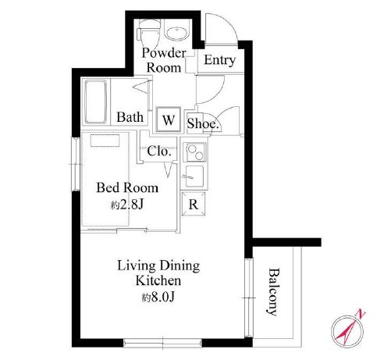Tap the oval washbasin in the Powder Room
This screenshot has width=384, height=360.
click(x=177, y=34)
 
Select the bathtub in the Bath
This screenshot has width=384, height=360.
click(x=95, y=102)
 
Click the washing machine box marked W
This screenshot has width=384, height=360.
click(x=168, y=119)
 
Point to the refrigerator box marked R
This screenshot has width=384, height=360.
click(x=194, y=204)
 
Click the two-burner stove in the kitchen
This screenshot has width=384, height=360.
click(x=195, y=152)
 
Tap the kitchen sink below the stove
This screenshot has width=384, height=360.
click(x=194, y=176)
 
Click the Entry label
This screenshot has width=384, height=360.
click(x=220, y=60)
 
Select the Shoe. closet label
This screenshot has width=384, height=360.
click(x=203, y=123)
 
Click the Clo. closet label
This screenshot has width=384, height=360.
click(x=159, y=151)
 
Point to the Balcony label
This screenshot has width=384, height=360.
click(x=274, y=292)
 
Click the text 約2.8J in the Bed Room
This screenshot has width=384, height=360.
click(x=127, y=205)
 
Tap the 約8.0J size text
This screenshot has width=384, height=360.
click(x=158, y=297)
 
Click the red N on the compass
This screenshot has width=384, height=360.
click(x=361, y=313)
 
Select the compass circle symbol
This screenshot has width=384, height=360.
click(x=347, y=332)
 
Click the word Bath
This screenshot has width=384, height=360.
click(x=130, y=117)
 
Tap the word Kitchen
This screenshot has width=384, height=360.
click(x=158, y=281)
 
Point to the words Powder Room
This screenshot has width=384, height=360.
click(x=164, y=60)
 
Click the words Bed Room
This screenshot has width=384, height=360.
click(x=127, y=187)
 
